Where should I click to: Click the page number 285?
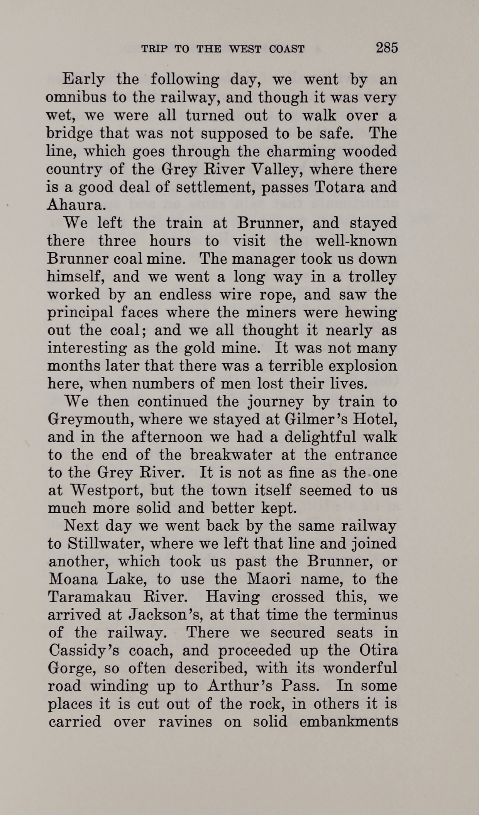[x=387, y=48]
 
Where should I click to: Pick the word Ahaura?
[x=75, y=205]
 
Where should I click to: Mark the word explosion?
[x=364, y=366]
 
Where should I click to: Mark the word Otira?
[x=378, y=651]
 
